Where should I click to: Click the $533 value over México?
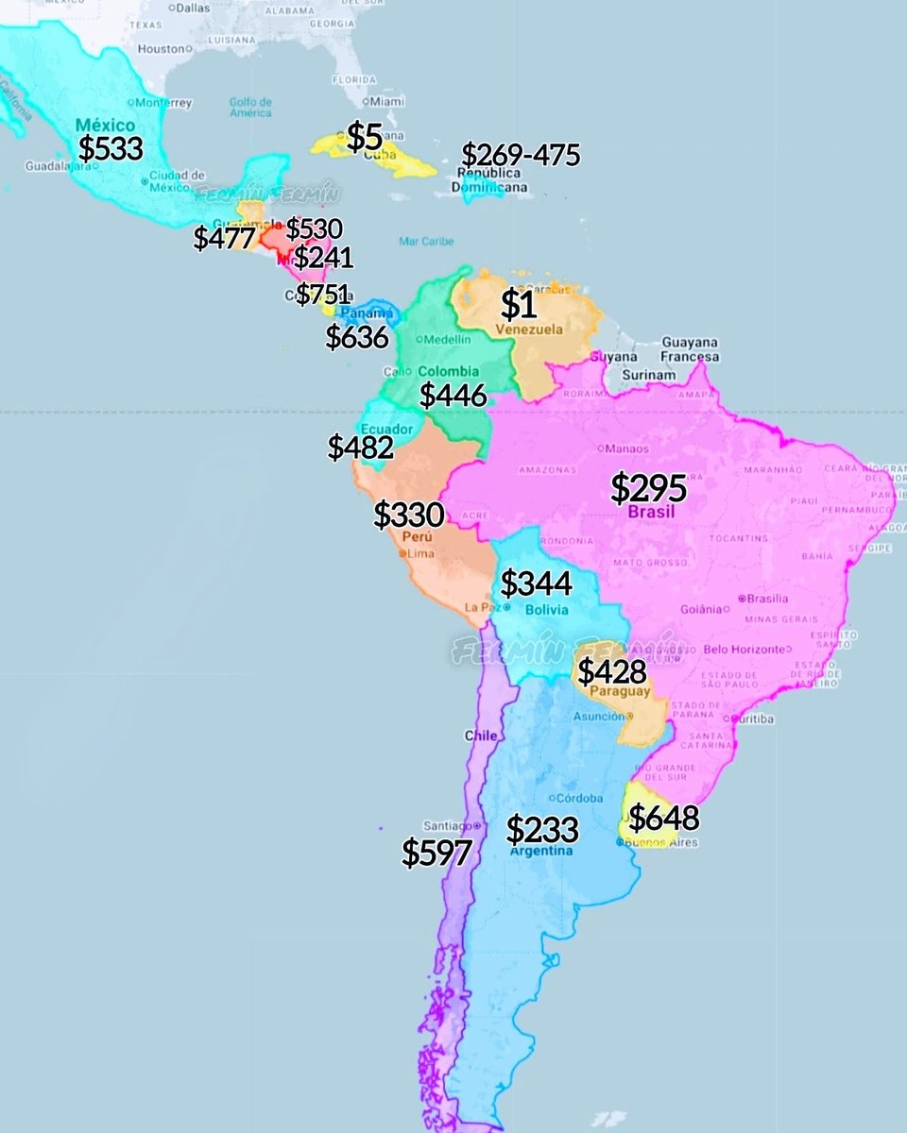[x=111, y=148]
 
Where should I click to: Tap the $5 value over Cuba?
[x=365, y=138]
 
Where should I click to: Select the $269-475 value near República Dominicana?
[x=521, y=155]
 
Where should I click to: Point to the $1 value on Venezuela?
[x=519, y=304]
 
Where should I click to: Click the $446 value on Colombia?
[x=453, y=395]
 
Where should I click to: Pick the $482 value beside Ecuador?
[x=360, y=448]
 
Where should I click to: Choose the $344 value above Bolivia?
[x=536, y=583]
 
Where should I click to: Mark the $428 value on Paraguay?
[x=612, y=672]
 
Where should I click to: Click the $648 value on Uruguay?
[x=663, y=816]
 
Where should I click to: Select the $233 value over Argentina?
[x=542, y=829]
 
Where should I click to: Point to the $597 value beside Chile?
[x=436, y=853]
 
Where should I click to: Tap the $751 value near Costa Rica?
[x=323, y=295]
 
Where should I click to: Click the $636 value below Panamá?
[x=357, y=336]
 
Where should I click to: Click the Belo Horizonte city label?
[x=744, y=649]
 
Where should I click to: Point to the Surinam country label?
[x=648, y=375]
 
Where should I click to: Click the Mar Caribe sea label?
[x=426, y=241]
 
